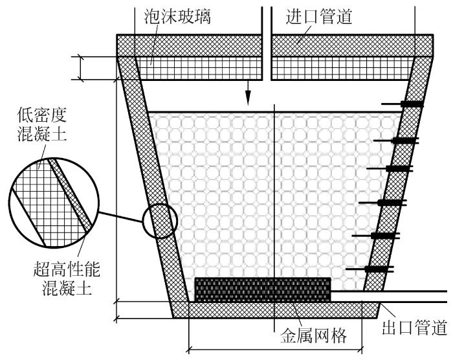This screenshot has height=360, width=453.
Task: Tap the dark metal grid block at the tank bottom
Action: point(262,289)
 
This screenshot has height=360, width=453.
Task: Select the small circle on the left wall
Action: point(159,222)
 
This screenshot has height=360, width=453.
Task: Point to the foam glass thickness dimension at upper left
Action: point(80,68)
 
